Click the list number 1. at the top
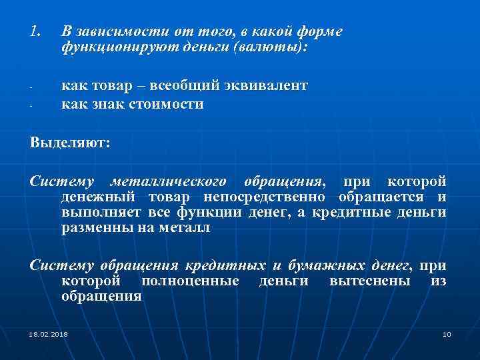tap(37, 31)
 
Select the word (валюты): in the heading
tap(272, 49)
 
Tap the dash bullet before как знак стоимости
tap(32, 105)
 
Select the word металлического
tap(169, 181)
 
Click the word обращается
tap(383, 197)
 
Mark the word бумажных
tap(334, 265)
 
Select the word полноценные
tap(190, 281)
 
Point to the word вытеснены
tap(369, 281)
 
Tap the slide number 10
tap(447, 333)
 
